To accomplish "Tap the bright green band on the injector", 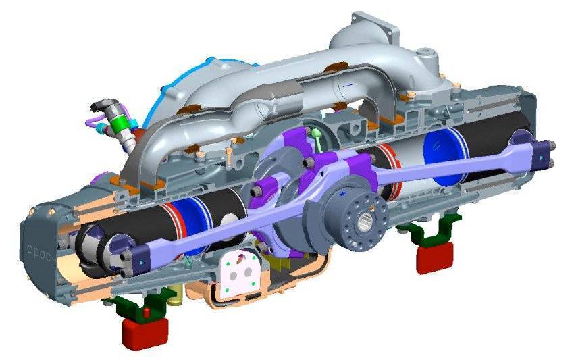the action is coord(122,124).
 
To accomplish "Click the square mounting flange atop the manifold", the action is coord(374,26).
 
